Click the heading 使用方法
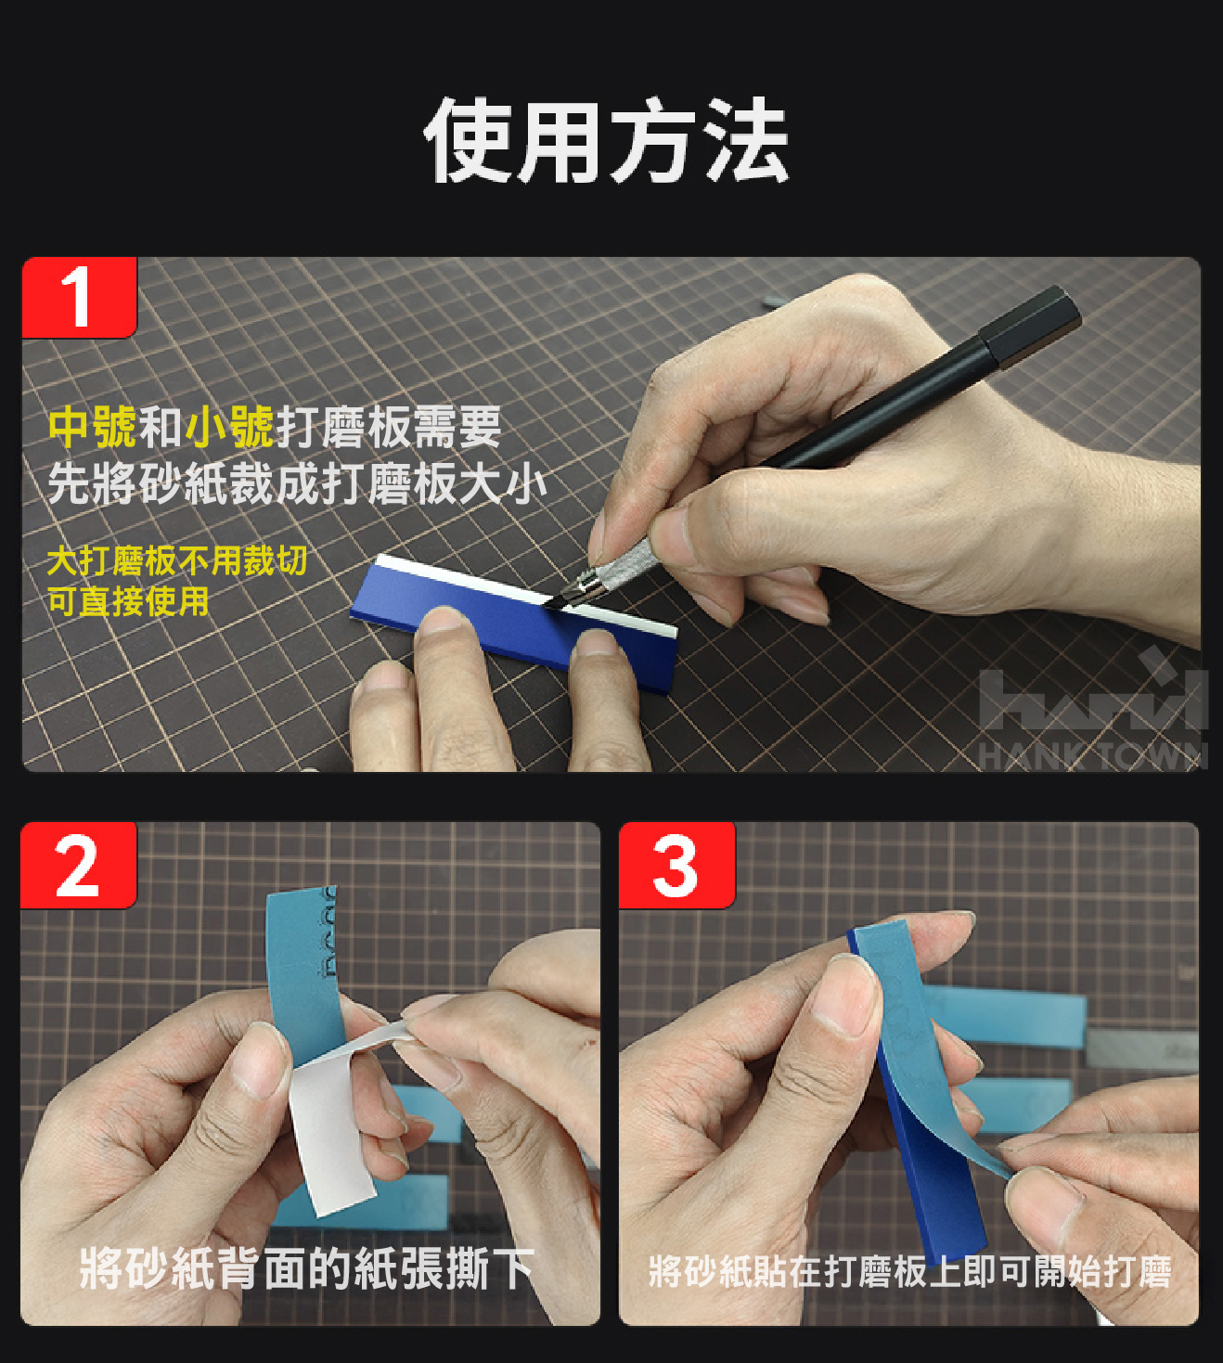coord(607,140)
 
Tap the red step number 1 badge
coord(80,297)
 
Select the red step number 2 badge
coord(79,865)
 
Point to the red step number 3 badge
coord(676,865)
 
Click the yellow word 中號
coord(93,427)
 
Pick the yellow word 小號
coord(229,427)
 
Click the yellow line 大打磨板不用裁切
coord(177,560)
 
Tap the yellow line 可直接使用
coord(128,600)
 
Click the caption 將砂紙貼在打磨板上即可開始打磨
coord(910,1271)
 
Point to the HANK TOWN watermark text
coord(1092,756)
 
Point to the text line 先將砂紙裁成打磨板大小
coord(297,484)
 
